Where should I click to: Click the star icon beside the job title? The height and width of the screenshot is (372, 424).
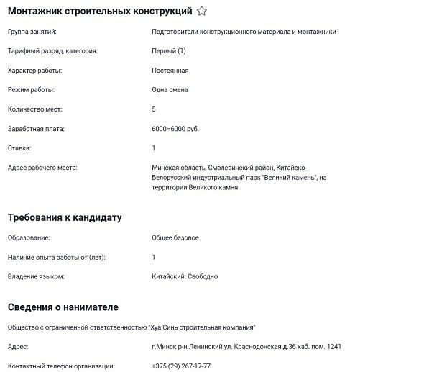[202, 12]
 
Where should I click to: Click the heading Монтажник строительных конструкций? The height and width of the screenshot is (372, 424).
[99, 12]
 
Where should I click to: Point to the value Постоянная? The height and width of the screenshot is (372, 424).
[170, 71]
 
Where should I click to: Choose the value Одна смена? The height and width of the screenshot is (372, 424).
[170, 90]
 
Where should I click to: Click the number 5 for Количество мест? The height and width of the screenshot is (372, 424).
[154, 109]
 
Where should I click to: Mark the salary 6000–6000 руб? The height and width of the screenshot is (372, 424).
[175, 129]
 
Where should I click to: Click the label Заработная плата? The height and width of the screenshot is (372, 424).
[36, 129]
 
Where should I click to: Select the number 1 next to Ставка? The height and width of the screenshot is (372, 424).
[154, 148]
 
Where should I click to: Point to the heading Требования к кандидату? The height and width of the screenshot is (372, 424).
[65, 217]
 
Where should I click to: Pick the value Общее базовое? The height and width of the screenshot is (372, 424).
[175, 237]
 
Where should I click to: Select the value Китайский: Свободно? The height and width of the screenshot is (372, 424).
[185, 276]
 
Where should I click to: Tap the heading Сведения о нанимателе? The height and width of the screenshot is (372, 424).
[63, 307]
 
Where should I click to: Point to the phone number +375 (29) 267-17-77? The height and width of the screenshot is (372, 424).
[181, 366]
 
